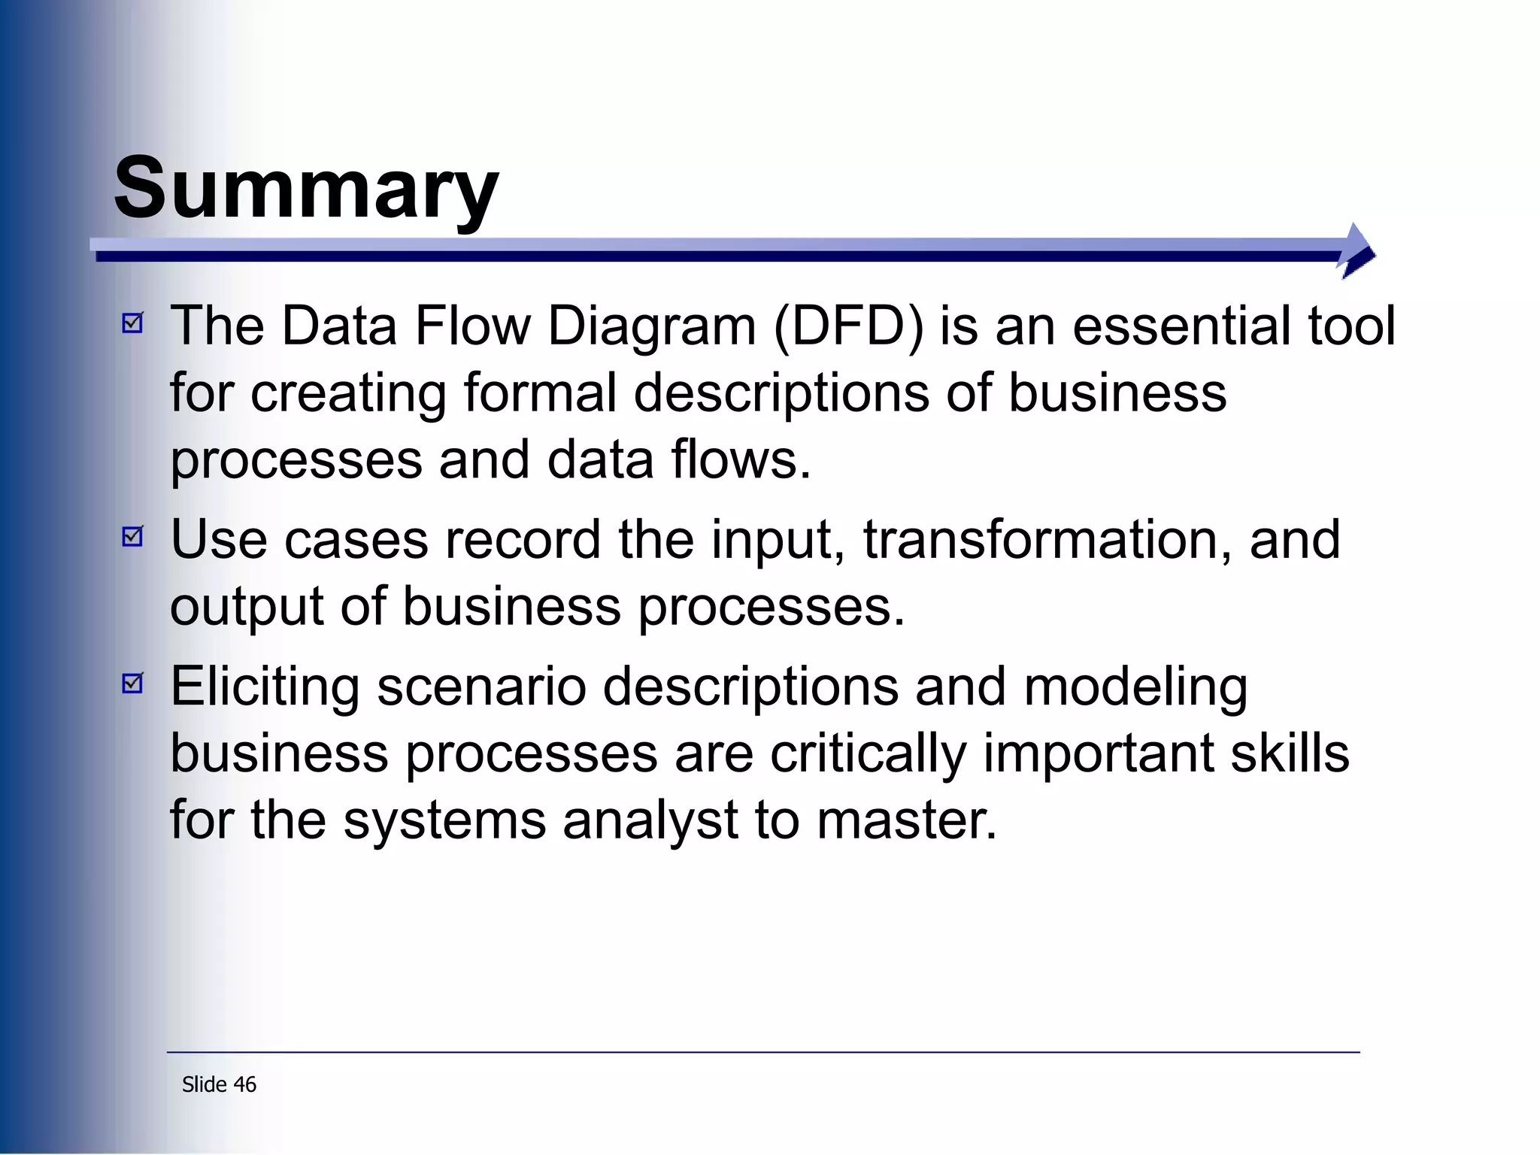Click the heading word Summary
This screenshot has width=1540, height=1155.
pos(305,188)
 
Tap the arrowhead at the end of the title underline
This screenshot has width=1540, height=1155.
pos(1357,251)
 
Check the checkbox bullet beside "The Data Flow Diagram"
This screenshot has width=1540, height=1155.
pos(132,323)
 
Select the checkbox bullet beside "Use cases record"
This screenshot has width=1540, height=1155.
pos(132,537)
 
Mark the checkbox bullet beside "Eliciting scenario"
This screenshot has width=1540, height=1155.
pos(132,683)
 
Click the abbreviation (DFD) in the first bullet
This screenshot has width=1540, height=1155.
pos(848,326)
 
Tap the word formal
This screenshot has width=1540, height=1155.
pos(540,393)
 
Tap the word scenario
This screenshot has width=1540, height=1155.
pos(481,687)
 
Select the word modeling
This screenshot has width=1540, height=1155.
pos(1135,687)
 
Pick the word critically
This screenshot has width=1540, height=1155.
pos(868,753)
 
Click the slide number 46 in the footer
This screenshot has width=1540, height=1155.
pos(244,1084)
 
